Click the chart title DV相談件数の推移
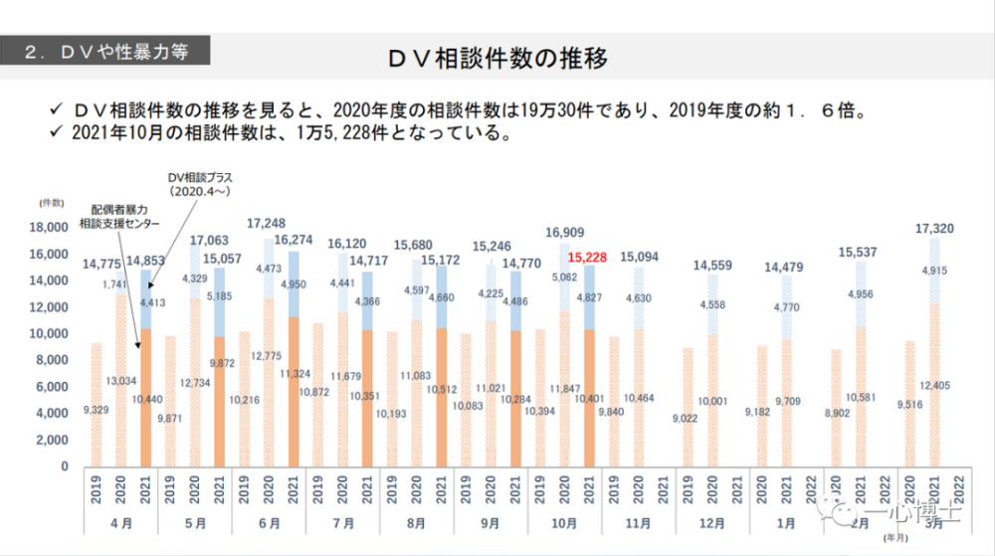click(x=497, y=58)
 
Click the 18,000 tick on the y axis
click(x=49, y=228)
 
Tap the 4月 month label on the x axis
click(x=121, y=521)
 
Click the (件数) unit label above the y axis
click(x=52, y=202)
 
